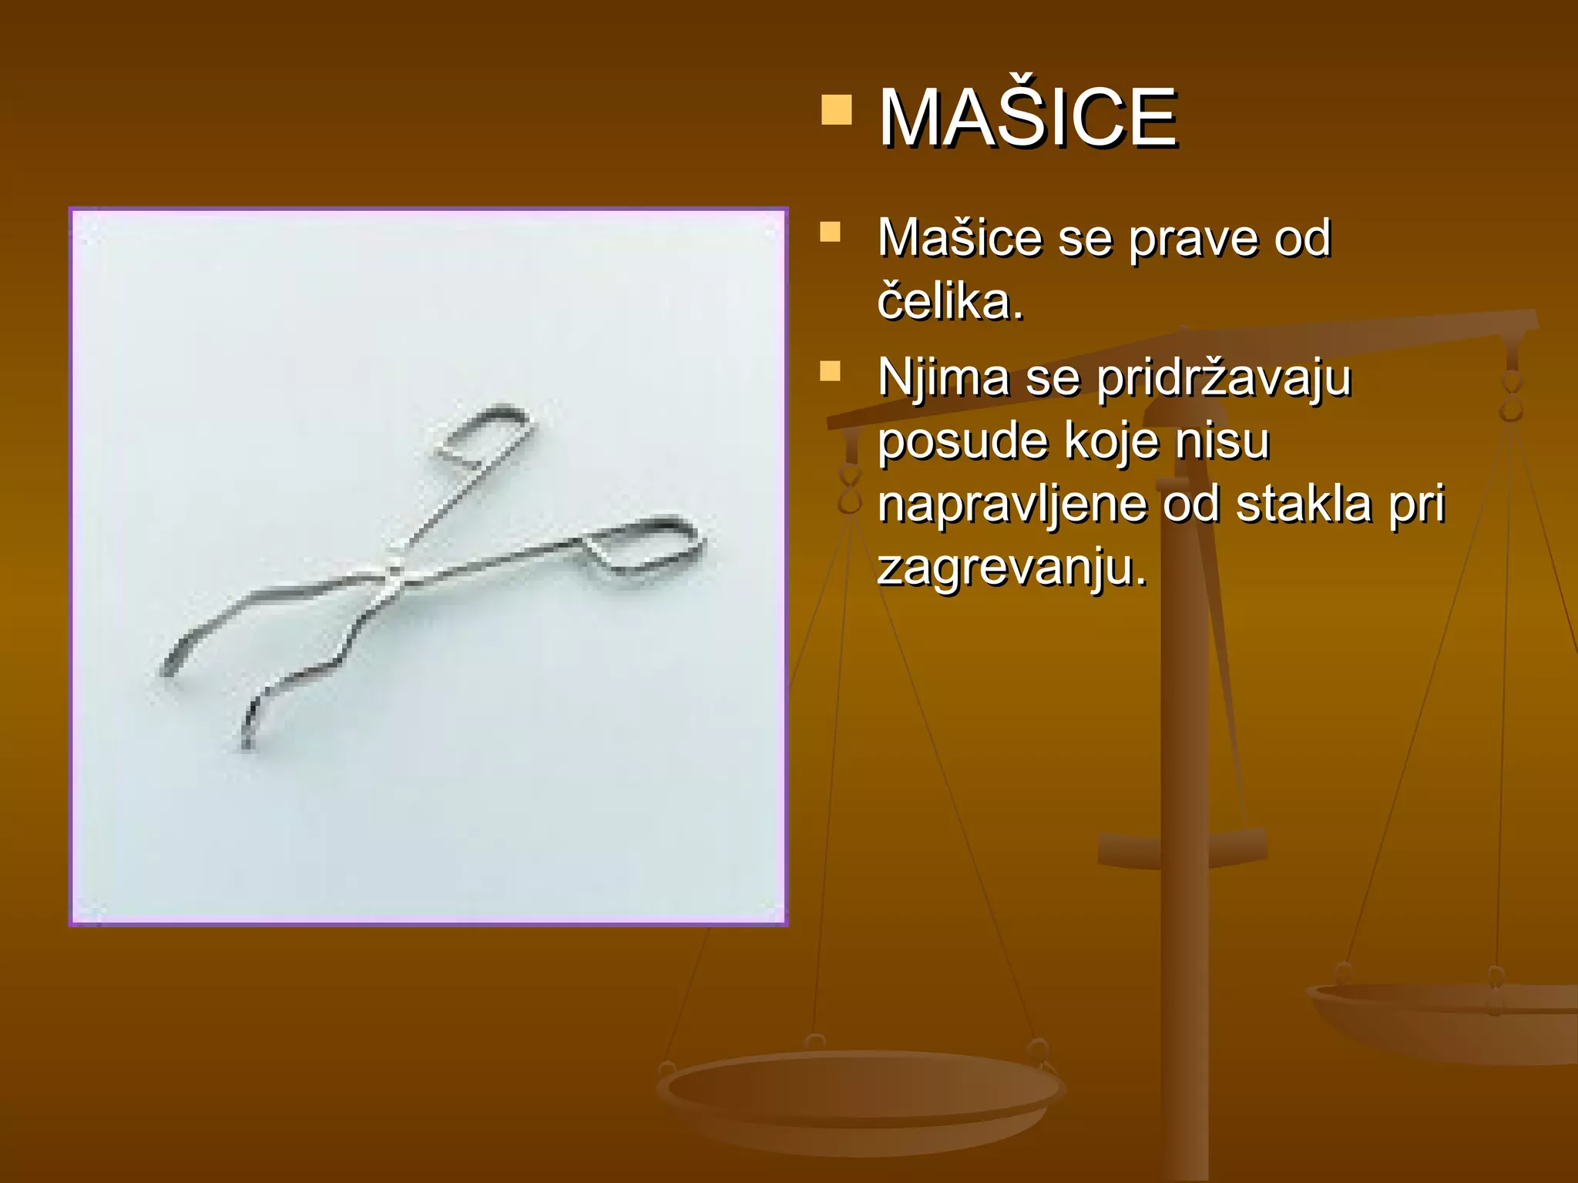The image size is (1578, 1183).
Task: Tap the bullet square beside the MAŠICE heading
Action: [x=837, y=110]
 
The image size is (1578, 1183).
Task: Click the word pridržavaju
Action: [x=1224, y=378]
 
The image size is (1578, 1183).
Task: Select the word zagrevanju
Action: [x=1012, y=569]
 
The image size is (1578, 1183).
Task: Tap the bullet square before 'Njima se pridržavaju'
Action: [x=830, y=371]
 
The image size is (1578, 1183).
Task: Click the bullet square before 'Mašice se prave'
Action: [x=830, y=232]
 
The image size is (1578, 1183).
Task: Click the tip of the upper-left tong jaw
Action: [x=168, y=669]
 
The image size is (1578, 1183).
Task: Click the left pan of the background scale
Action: [x=859, y=1094]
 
